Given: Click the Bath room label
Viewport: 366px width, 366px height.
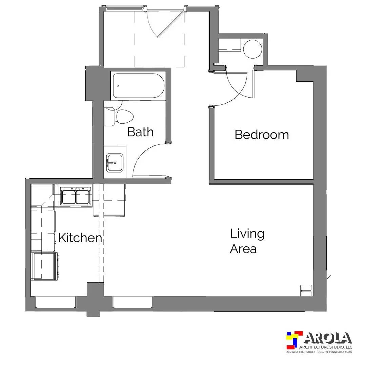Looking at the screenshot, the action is (x=140, y=132).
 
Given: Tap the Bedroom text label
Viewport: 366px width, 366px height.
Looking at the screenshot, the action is (x=262, y=135).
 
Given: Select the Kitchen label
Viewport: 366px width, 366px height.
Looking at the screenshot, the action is (x=80, y=238).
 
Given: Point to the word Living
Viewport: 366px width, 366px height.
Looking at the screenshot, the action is (x=247, y=234).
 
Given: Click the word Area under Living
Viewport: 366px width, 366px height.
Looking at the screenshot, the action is (x=243, y=249).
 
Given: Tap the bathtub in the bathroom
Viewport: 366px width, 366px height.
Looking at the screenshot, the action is (x=139, y=86).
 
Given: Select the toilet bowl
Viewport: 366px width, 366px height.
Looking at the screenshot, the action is (x=124, y=117).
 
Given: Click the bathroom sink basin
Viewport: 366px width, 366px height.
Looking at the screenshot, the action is (x=115, y=163).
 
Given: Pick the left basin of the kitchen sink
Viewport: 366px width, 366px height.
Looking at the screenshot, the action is (x=68, y=197).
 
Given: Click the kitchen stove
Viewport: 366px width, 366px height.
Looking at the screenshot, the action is (x=45, y=266).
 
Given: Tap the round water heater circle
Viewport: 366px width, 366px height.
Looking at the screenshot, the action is (x=252, y=49).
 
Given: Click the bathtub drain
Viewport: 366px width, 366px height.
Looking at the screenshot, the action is (x=118, y=86).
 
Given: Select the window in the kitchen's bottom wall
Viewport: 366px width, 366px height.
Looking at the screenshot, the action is (x=56, y=302).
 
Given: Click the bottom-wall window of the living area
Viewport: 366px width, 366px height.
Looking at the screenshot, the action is (x=133, y=302).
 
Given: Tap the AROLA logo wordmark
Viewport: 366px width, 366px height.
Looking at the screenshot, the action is (x=328, y=338).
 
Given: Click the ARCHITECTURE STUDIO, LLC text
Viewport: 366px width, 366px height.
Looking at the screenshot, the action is (x=326, y=347).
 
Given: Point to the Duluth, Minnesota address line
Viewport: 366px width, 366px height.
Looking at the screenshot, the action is (x=319, y=352).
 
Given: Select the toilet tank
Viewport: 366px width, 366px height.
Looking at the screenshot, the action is (x=109, y=117).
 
